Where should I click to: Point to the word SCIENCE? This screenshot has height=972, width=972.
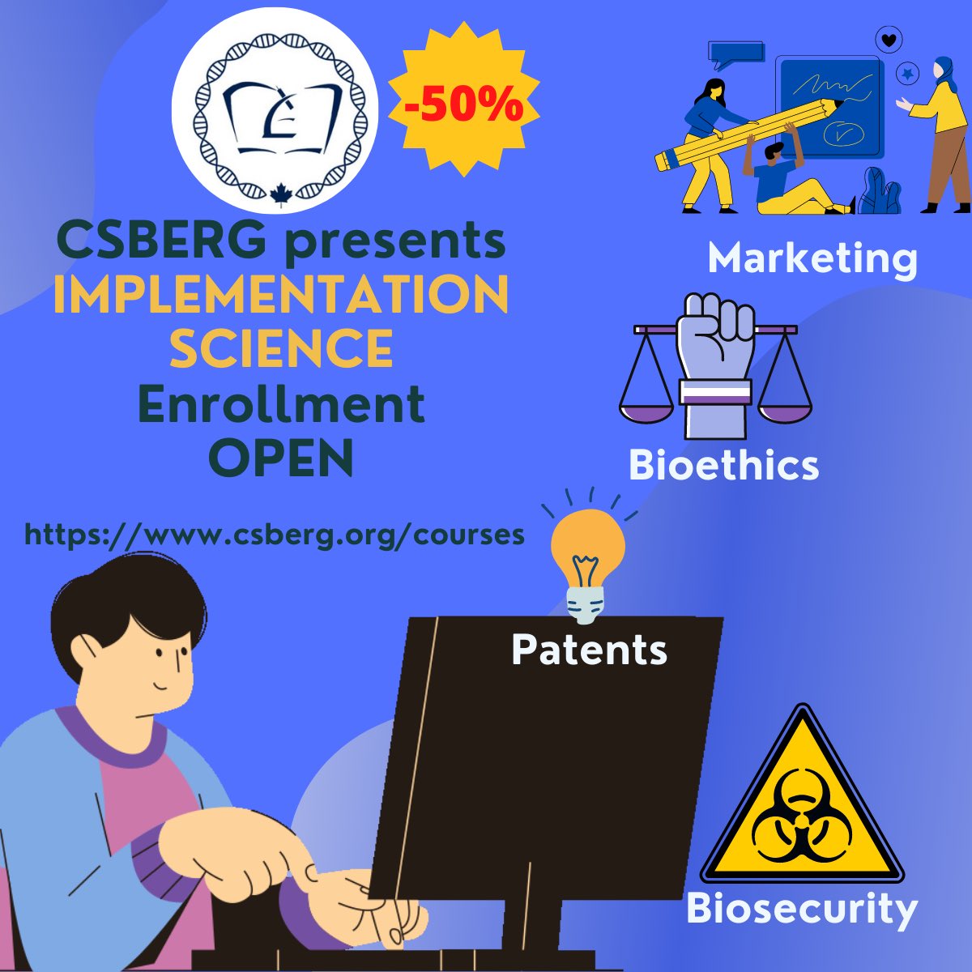point(281,348)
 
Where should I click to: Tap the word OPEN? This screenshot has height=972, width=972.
point(281,457)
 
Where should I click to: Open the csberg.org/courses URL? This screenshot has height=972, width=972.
point(275,535)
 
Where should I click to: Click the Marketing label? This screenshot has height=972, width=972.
point(812,258)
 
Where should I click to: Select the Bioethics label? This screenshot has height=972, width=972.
point(723,466)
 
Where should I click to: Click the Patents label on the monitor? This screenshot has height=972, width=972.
point(589,650)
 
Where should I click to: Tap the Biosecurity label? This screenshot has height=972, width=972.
point(801,908)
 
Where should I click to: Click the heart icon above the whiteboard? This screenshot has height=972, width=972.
point(889,38)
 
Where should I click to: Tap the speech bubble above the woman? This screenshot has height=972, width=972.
point(736,52)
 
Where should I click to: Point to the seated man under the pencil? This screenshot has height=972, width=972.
point(786,182)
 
